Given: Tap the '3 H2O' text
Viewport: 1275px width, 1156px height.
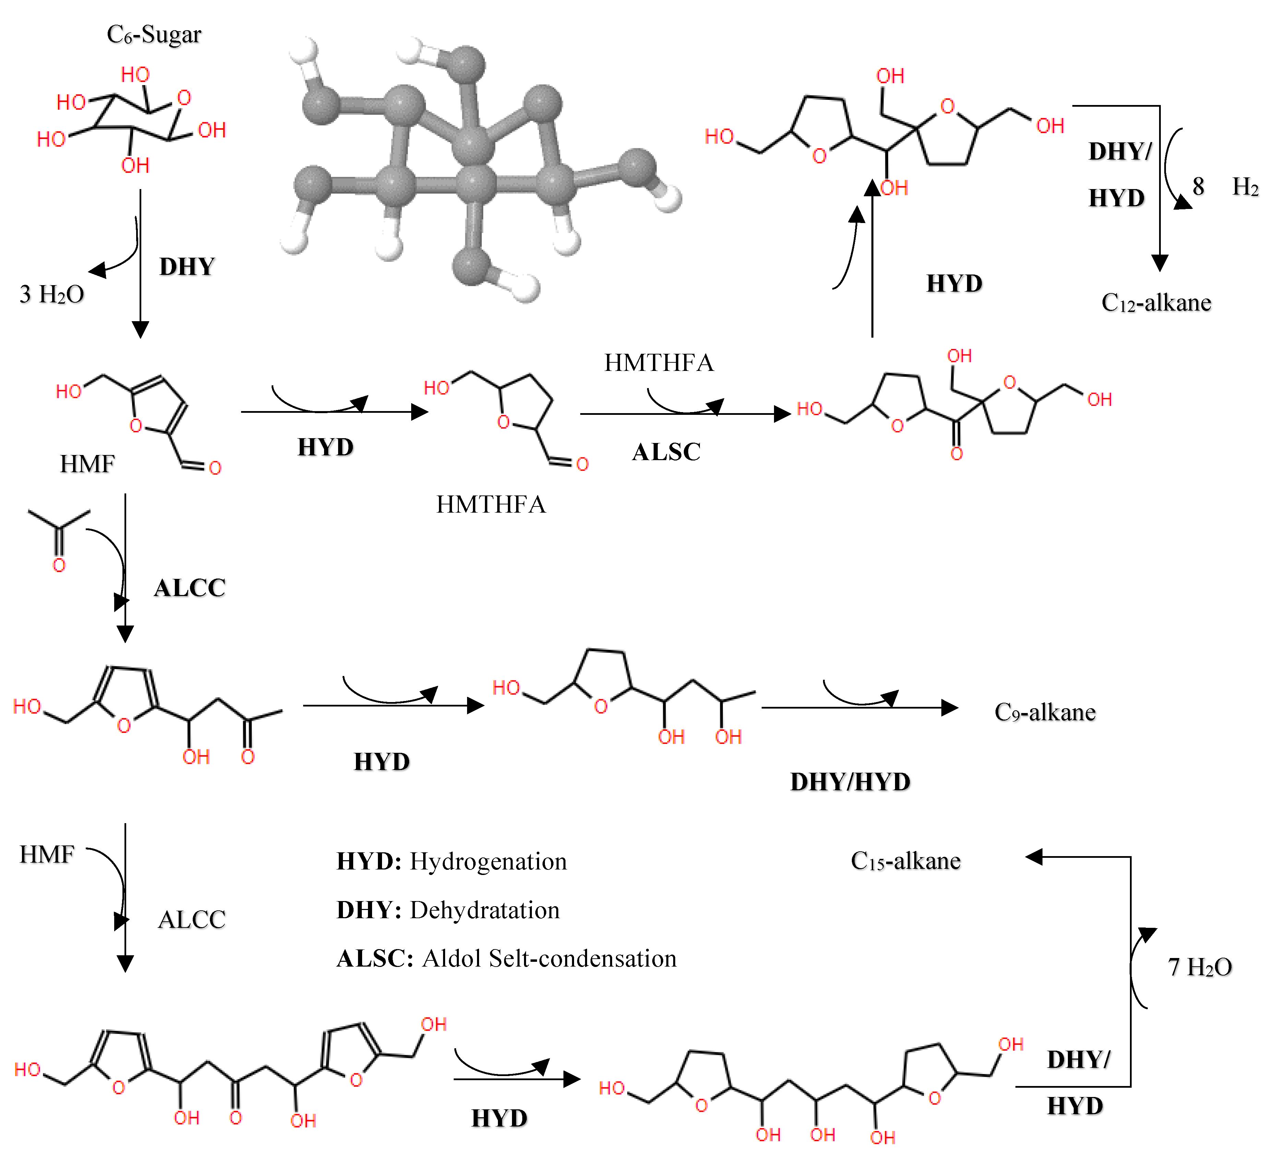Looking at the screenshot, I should [52, 294].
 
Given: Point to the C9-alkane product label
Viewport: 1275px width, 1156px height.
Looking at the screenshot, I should [1045, 712].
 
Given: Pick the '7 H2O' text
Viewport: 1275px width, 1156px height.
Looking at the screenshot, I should [1200, 967].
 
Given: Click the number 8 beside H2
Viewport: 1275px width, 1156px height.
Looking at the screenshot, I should [1198, 187].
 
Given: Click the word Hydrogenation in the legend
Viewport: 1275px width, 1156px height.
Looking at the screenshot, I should [488, 862].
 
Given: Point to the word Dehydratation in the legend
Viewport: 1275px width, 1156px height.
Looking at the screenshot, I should [485, 911].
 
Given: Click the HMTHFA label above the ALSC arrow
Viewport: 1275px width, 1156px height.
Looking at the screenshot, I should [658, 363].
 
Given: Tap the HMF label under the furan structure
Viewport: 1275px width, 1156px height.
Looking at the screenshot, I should [87, 465].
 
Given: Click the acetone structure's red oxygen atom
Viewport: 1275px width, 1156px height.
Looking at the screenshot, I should [59, 565].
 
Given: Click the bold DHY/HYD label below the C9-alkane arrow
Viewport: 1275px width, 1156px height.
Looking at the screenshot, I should [850, 783].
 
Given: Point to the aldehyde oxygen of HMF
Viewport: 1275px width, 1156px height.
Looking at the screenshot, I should [215, 468].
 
